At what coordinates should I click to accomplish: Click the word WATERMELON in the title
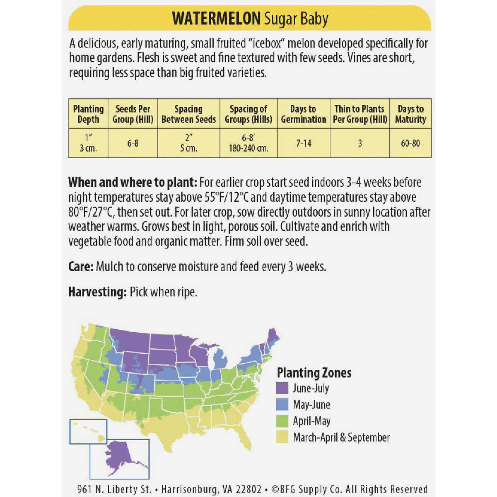coord(216,19)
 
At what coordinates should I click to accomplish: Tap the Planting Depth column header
coord(88,114)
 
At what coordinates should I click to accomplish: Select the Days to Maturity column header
coord(410,114)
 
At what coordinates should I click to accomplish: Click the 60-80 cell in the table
coord(410,143)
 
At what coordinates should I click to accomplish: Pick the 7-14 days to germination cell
coord(304,143)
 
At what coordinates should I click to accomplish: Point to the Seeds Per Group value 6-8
coord(133,143)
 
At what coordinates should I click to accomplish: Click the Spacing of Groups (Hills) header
coord(248,114)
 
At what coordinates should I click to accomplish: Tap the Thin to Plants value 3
coord(360,143)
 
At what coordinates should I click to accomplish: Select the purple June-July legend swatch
coord(282,388)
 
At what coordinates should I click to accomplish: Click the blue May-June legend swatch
coord(282,405)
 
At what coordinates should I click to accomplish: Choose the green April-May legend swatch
coord(282,421)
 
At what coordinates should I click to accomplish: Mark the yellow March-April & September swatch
coord(282,437)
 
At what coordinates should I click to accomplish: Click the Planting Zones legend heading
coord(314,373)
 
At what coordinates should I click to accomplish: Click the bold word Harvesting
coord(97,292)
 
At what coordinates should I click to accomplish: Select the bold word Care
coord(81,266)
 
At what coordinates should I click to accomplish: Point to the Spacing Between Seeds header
coord(188,114)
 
